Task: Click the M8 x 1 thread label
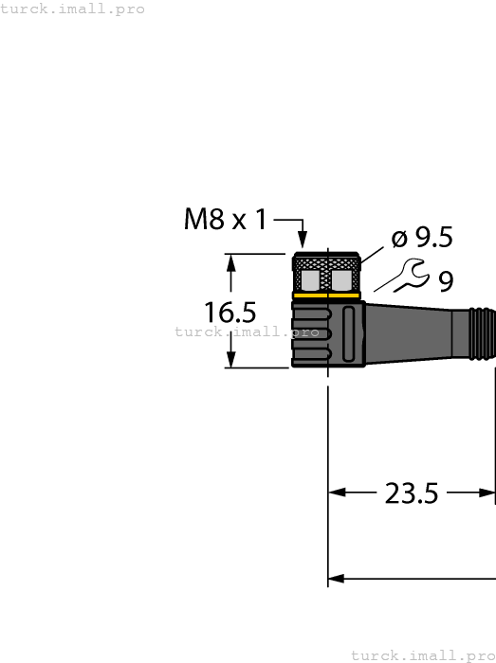click(227, 221)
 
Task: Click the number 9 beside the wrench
click(445, 280)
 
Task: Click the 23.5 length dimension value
click(412, 493)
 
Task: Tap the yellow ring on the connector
click(325, 296)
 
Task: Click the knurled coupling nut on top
click(325, 273)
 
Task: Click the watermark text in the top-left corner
click(73, 9)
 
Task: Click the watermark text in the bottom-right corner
click(423, 655)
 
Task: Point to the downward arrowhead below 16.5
click(231, 359)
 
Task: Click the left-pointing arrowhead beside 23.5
click(338, 493)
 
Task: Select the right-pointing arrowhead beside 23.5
click(487, 493)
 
